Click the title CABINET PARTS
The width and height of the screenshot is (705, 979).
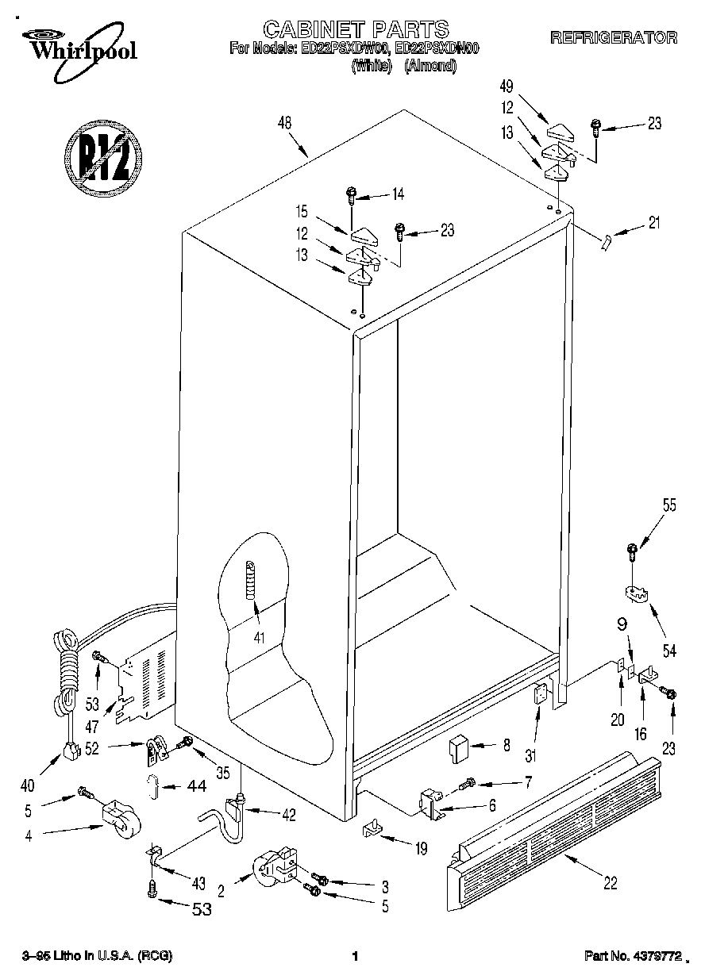pos(355,30)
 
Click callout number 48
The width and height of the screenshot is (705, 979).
pos(285,122)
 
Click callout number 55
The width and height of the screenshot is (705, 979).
pos(669,505)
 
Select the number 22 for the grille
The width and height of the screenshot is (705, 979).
pos(609,882)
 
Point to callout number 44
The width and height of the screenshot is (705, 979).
pos(195,786)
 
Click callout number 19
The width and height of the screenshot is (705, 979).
pos(420,849)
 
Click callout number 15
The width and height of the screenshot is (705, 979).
pos(301,213)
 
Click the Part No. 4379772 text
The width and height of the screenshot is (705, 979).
pos(633,957)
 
